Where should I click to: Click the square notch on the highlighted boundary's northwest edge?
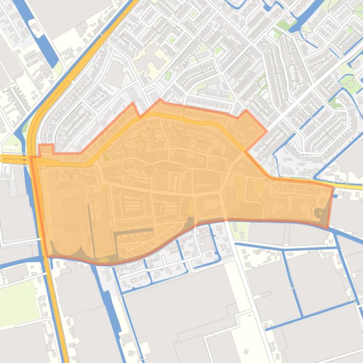pos(46,149)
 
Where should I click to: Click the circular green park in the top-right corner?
pos(350,84)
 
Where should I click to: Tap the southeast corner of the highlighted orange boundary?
pos(327,228)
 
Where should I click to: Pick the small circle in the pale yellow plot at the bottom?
pos(246,352)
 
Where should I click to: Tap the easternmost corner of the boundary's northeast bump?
pos(266,132)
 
